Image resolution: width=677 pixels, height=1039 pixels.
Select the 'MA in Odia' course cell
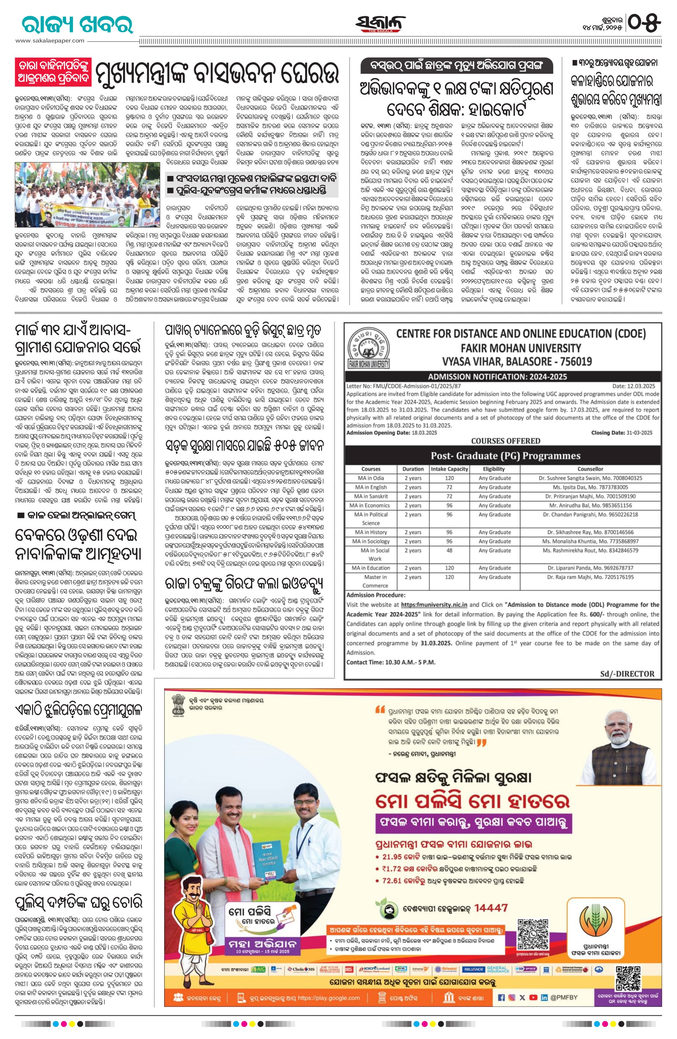pos(371,478)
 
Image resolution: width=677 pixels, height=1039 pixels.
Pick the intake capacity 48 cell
pos(449,550)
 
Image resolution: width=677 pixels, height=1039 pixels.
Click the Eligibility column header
pos(494,469)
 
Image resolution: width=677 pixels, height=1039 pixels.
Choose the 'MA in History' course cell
pos(371,532)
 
